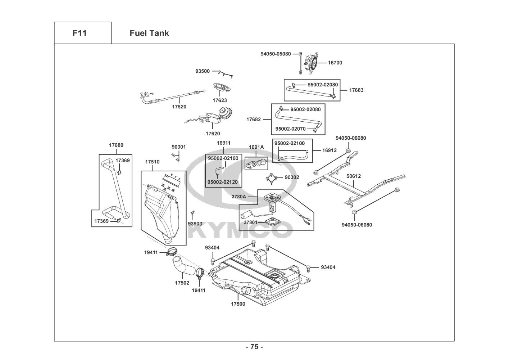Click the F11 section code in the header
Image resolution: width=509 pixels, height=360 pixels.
coord(79,33)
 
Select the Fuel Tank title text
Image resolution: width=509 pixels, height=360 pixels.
coord(149,33)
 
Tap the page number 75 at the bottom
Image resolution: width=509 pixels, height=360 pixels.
coord(254,347)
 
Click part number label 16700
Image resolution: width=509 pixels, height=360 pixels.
coord(335,63)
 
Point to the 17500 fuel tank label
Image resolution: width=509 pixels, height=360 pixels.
coord(238,304)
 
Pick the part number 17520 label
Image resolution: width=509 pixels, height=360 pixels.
coord(179,107)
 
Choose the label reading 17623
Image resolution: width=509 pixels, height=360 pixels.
coord(219,100)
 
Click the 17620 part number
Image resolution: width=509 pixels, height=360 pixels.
coord(213,134)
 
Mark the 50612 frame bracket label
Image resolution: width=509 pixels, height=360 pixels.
coord(354,176)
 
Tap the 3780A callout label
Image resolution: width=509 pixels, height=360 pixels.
coord(239,197)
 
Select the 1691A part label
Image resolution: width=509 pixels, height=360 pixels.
coord(256,147)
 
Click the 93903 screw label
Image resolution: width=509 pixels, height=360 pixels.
coord(195,224)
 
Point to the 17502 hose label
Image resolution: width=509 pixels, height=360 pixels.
coord(182,283)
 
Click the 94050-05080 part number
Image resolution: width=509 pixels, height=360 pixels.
coord(276,54)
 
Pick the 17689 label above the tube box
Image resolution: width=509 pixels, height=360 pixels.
coord(116,145)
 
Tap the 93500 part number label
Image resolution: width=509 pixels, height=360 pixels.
coord(203,71)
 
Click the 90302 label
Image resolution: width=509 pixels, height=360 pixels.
coord(292,177)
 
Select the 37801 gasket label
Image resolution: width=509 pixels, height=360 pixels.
coord(251,222)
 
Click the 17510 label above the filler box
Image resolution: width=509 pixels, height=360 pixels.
coord(152,162)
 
